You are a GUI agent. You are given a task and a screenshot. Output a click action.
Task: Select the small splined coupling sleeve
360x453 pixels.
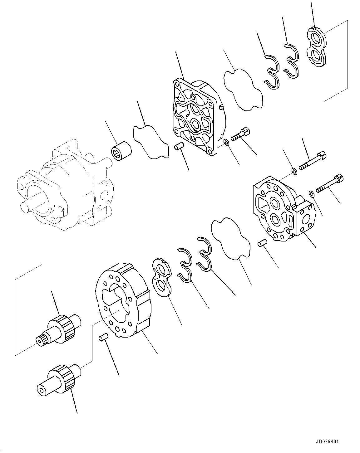[122, 151]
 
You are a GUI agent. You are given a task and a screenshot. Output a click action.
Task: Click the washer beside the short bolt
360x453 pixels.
[227, 143]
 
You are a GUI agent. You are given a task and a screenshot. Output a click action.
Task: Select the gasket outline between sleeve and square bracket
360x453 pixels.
[150, 142]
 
